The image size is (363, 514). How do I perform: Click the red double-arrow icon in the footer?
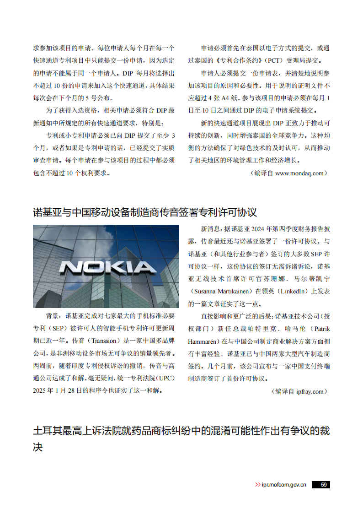pos(257,485)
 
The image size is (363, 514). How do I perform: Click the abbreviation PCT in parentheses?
pos(276,60)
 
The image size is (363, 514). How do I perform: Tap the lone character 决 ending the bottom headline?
pos(38,447)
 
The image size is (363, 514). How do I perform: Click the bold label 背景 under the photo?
pos(52,316)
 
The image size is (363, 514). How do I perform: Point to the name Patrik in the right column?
pos(320,329)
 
